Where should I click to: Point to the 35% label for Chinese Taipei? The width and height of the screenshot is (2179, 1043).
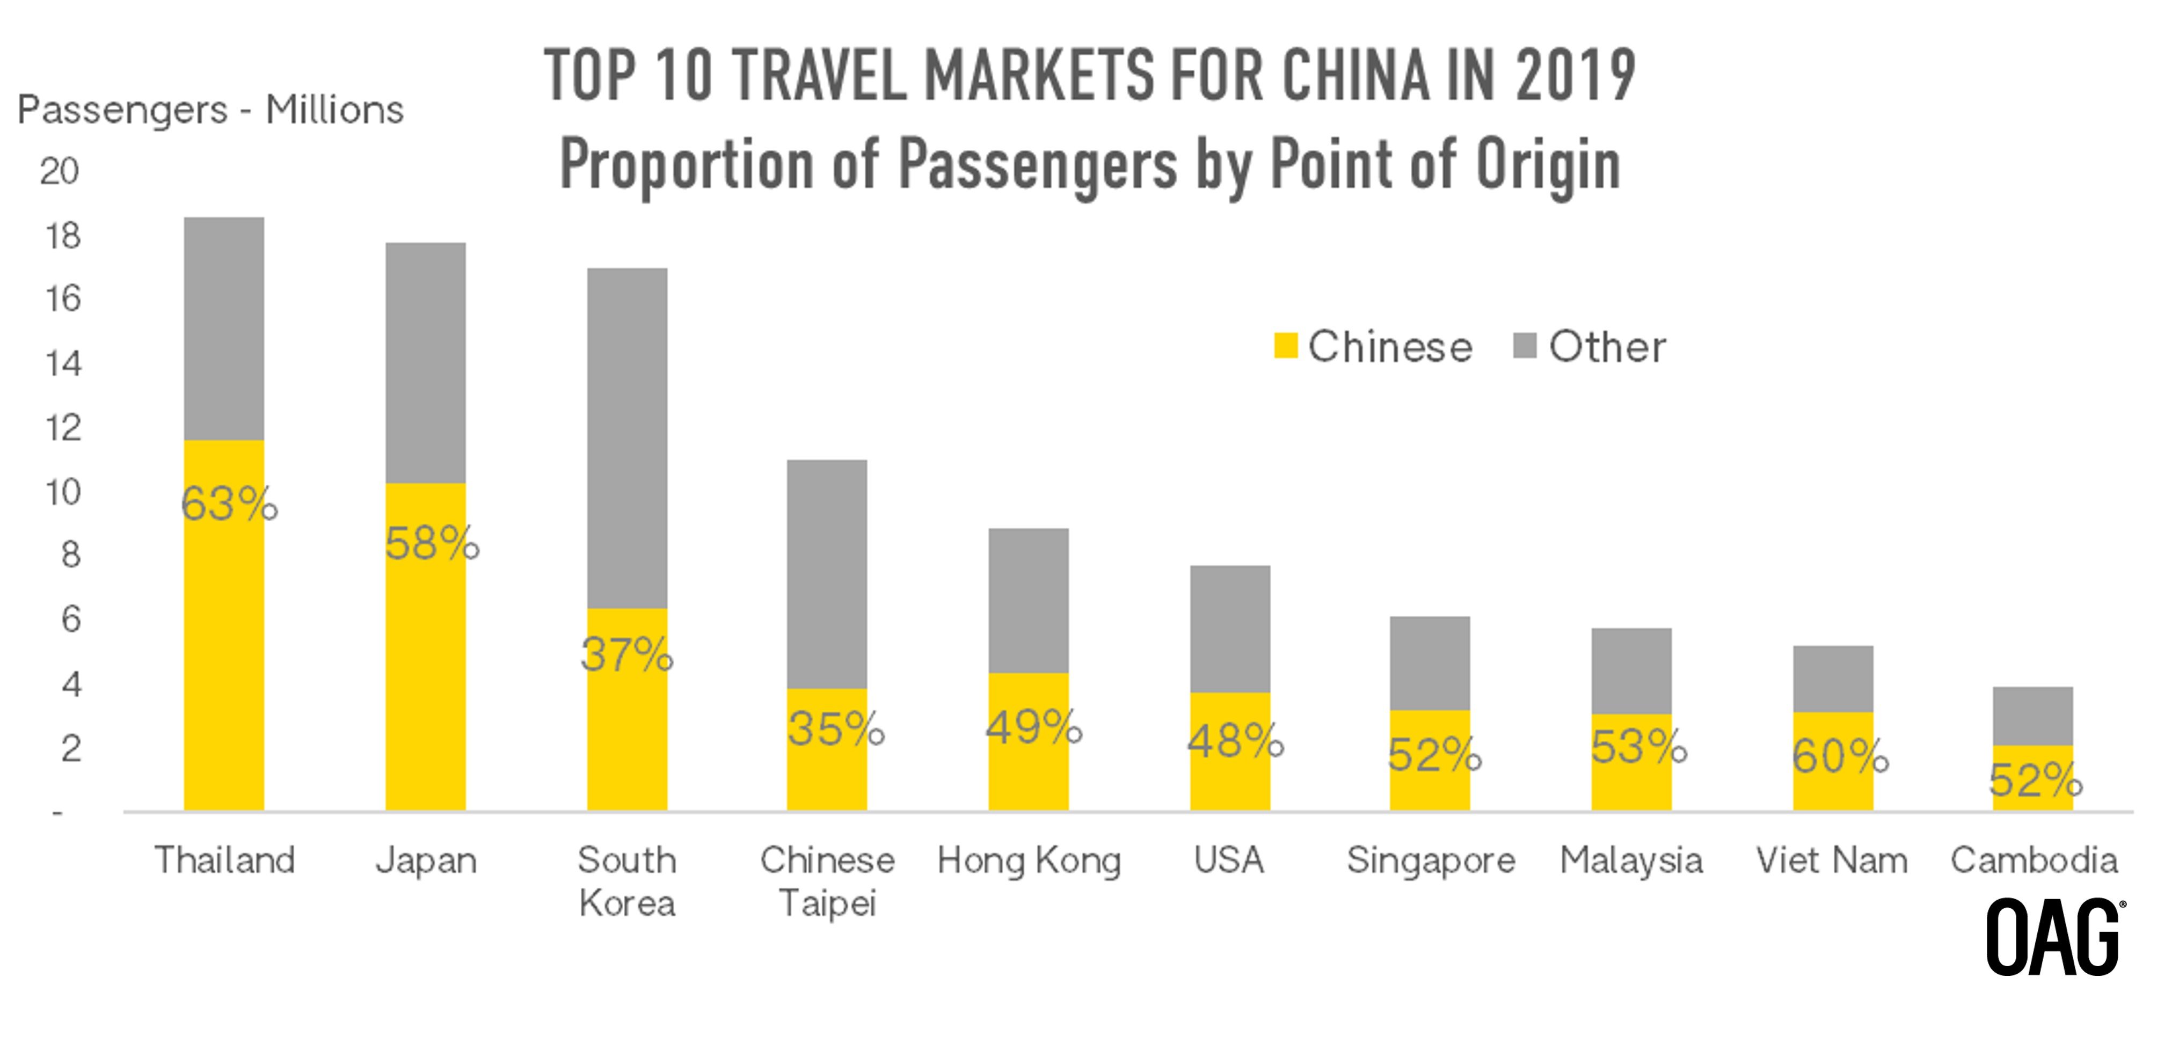(835, 728)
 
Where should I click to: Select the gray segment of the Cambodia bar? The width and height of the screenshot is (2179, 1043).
(2032, 716)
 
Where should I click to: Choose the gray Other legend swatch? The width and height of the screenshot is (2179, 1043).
(1524, 346)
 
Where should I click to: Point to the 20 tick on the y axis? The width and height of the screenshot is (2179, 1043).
(59, 172)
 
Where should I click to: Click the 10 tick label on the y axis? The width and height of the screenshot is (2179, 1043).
(62, 492)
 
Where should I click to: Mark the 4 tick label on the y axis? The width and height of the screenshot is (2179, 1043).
(71, 683)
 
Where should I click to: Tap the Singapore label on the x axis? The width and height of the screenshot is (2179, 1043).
(1431, 860)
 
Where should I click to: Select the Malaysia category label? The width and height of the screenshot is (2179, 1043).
(1631, 860)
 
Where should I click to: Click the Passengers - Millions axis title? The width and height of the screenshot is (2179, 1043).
(210, 110)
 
